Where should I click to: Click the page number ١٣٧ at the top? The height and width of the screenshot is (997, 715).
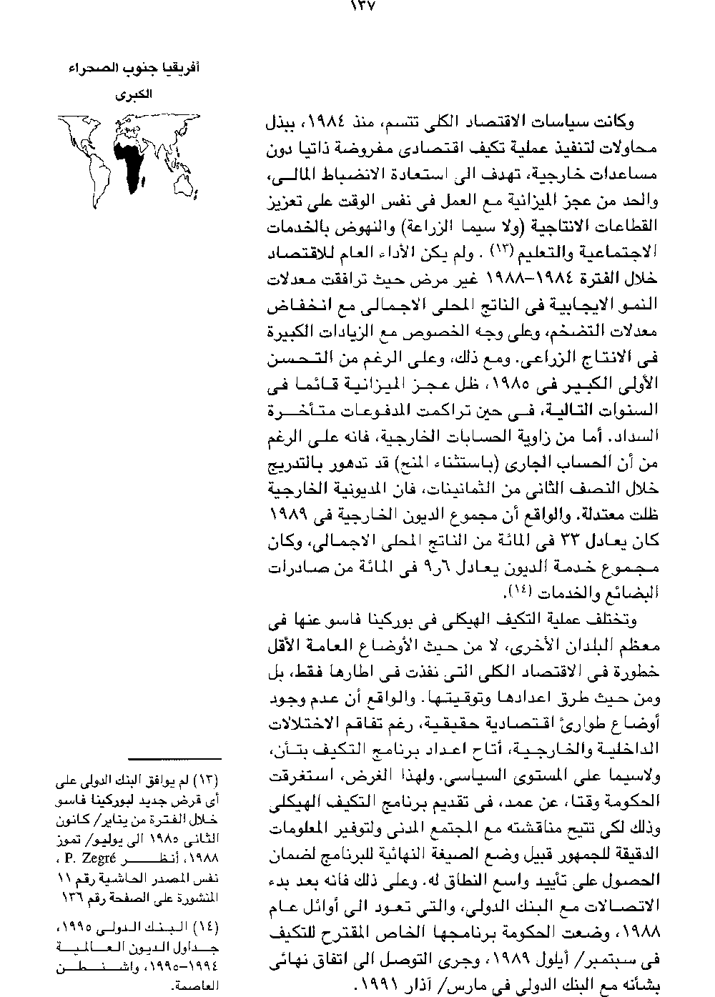point(365,7)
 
